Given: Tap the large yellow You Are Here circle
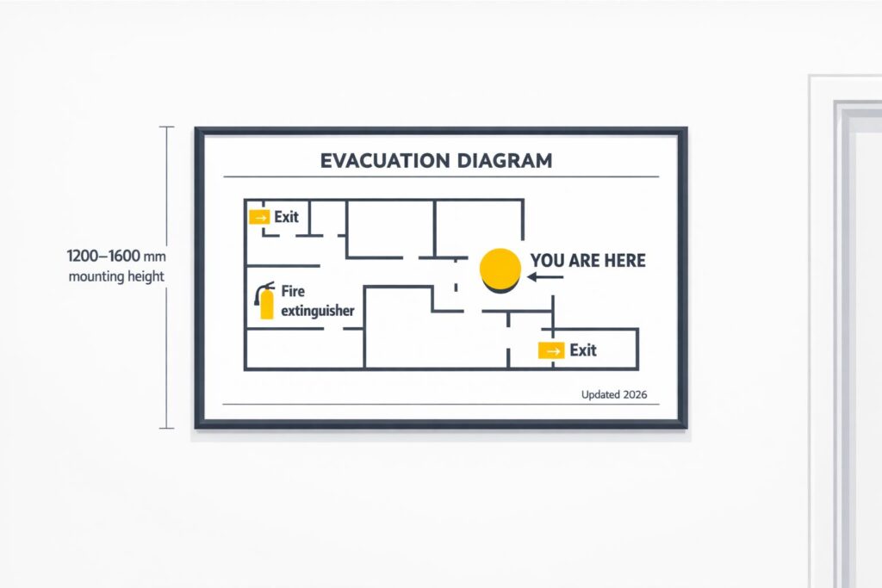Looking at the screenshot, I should (500, 269).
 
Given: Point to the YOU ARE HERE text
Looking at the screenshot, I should (587, 260).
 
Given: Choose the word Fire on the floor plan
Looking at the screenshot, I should (293, 293).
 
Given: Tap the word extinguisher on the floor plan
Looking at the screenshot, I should (318, 311).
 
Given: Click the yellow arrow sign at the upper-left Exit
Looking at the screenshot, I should (258, 217).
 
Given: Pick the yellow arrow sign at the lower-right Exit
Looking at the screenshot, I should (550, 350).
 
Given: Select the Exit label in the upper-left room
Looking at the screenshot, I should (287, 217).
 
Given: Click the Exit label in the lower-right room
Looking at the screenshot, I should (583, 350).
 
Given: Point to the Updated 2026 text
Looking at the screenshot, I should (614, 395).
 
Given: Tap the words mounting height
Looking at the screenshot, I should (116, 276).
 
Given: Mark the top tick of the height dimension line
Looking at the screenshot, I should (166, 127).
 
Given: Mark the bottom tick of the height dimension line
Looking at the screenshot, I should (166, 428).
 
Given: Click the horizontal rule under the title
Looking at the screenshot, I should (440, 177).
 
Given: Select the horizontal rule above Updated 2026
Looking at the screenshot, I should (440, 405).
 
